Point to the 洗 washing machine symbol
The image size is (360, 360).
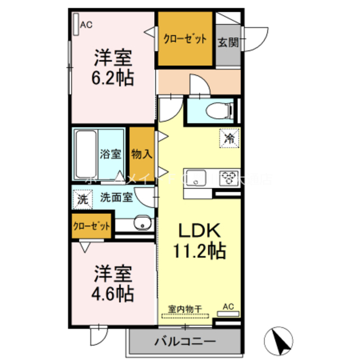(83, 199)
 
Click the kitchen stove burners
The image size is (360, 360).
(229, 178)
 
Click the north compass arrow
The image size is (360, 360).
(280, 339)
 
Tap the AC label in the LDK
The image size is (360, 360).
(228, 307)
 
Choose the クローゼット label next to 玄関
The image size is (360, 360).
(185, 39)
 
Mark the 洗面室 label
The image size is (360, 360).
(116, 197)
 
